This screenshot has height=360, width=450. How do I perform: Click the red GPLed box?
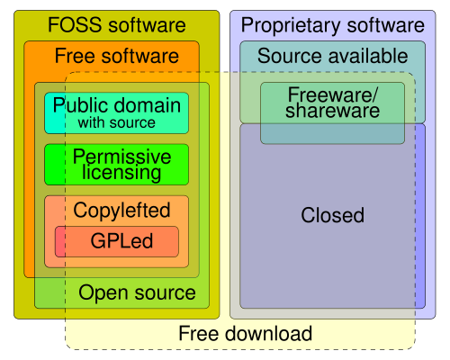[x=117, y=241]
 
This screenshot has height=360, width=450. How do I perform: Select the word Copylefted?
[x=121, y=211]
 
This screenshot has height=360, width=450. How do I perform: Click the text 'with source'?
[x=116, y=122]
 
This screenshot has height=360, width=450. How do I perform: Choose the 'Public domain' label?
[x=116, y=104]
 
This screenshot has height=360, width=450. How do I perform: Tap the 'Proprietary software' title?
[x=332, y=25]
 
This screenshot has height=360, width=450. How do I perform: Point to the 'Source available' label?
[x=332, y=56]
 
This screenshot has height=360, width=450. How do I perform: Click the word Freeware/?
[x=333, y=95]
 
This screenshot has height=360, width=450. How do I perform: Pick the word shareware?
[x=333, y=112]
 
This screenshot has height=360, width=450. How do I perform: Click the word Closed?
[x=332, y=216]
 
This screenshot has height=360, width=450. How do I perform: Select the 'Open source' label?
[x=137, y=292]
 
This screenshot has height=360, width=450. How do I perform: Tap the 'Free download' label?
[x=245, y=334]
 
